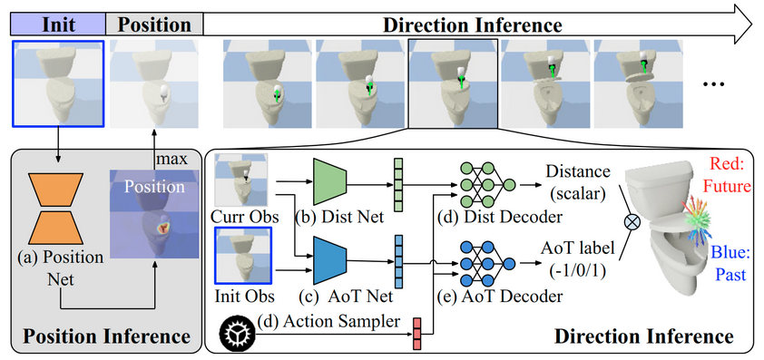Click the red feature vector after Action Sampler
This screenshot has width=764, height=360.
coord(418,332)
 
